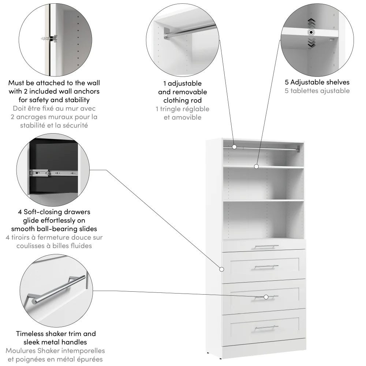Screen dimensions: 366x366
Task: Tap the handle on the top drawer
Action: pyautogui.click(x=266, y=246)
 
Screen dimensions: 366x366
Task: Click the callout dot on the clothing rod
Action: pyautogui.click(x=234, y=147)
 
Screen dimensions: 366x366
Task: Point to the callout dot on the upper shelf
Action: pyautogui.click(x=257, y=167)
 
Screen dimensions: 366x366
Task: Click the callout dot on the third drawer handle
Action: pyautogui.click(x=266, y=297)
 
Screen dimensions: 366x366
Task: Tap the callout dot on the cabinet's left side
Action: pyautogui.click(x=221, y=269)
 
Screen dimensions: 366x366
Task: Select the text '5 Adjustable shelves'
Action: pyautogui.click(x=317, y=82)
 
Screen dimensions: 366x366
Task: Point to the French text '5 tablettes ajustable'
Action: pyautogui.click(x=317, y=91)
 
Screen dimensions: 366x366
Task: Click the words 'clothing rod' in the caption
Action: pyautogui.click(x=182, y=100)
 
